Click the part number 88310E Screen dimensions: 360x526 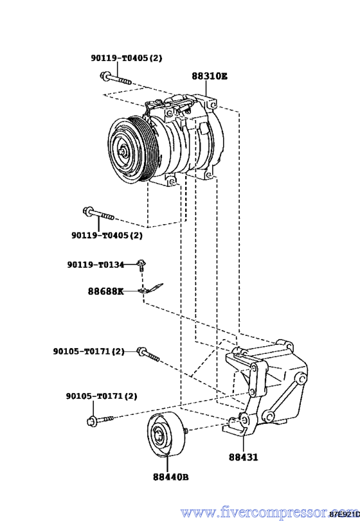[210, 76]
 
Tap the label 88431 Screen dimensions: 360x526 [244, 457]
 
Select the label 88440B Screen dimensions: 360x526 [170, 477]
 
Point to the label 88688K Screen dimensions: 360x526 [105, 291]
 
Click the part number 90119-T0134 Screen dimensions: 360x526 [96, 265]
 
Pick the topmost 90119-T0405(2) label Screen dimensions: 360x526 [126, 58]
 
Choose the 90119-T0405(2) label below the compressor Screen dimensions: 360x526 [107, 236]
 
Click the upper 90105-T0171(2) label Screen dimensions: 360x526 [89, 351]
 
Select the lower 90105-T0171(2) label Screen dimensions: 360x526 [102, 396]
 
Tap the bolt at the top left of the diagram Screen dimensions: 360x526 [116, 78]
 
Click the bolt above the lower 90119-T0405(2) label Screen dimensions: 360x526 [98, 214]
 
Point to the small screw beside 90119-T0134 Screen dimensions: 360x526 [141, 265]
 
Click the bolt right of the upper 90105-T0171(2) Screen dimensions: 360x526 [148, 354]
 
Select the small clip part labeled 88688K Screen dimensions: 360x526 [151, 289]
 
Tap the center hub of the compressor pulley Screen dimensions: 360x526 [123, 152]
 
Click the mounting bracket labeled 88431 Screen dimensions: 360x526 [265, 386]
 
